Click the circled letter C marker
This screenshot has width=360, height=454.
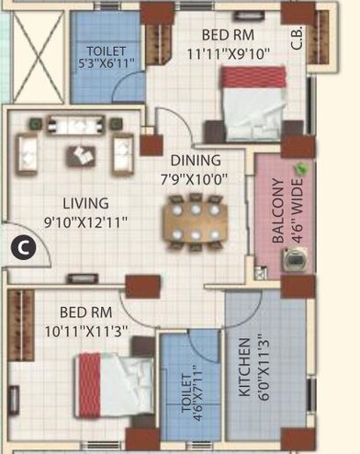[x=25, y=244]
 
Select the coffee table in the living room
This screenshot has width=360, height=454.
[x=79, y=155]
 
